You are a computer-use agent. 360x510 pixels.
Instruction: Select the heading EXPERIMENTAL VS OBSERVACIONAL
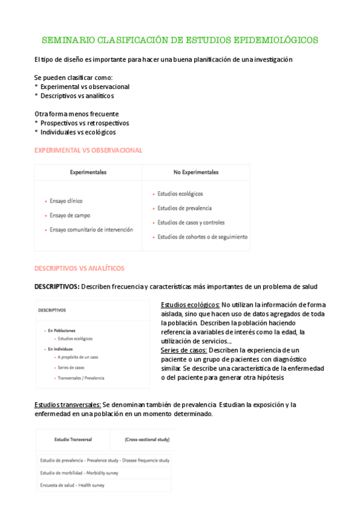click(88, 150)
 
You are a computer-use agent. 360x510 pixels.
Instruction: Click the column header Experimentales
click(88, 172)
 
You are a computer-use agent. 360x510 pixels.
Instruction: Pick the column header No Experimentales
click(196, 172)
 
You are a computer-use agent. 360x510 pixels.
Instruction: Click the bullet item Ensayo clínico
click(67, 201)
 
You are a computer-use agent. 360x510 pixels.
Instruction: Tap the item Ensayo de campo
click(70, 215)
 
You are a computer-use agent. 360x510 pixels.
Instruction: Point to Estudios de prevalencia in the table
click(184, 208)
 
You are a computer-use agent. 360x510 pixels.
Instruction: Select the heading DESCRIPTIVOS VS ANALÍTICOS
click(79, 268)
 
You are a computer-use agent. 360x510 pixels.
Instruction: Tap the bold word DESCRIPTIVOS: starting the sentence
click(56, 286)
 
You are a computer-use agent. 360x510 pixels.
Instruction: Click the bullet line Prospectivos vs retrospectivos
click(84, 123)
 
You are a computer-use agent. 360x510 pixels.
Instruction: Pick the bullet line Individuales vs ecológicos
click(78, 132)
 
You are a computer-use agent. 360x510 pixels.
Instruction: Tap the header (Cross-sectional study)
click(146, 440)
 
